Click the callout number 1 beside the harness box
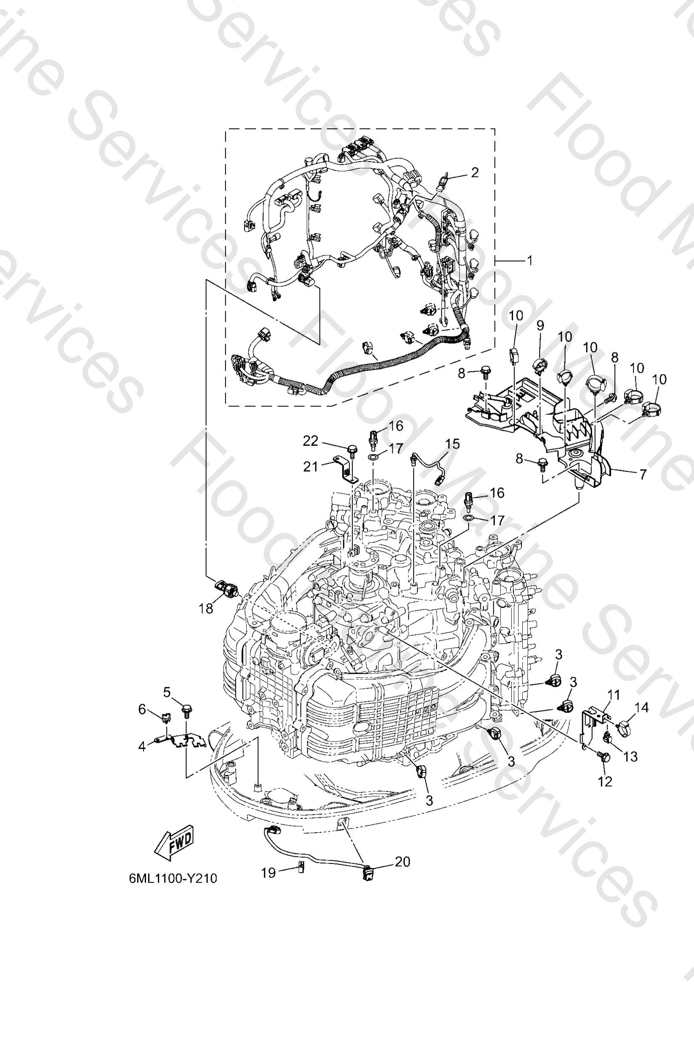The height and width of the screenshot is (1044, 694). click(x=529, y=260)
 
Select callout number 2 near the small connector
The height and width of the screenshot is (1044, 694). click(x=474, y=172)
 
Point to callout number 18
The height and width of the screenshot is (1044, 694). click(x=206, y=608)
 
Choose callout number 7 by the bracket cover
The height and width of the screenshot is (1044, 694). click(x=643, y=474)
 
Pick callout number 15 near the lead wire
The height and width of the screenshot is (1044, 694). click(x=452, y=444)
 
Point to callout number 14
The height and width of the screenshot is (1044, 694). click(x=641, y=708)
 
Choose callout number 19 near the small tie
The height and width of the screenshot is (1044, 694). click(x=268, y=873)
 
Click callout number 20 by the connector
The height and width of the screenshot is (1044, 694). click(x=402, y=862)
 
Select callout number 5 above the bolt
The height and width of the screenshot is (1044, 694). click(x=167, y=692)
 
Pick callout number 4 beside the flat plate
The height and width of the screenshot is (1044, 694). click(x=142, y=746)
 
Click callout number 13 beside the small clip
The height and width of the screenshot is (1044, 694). click(x=630, y=756)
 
